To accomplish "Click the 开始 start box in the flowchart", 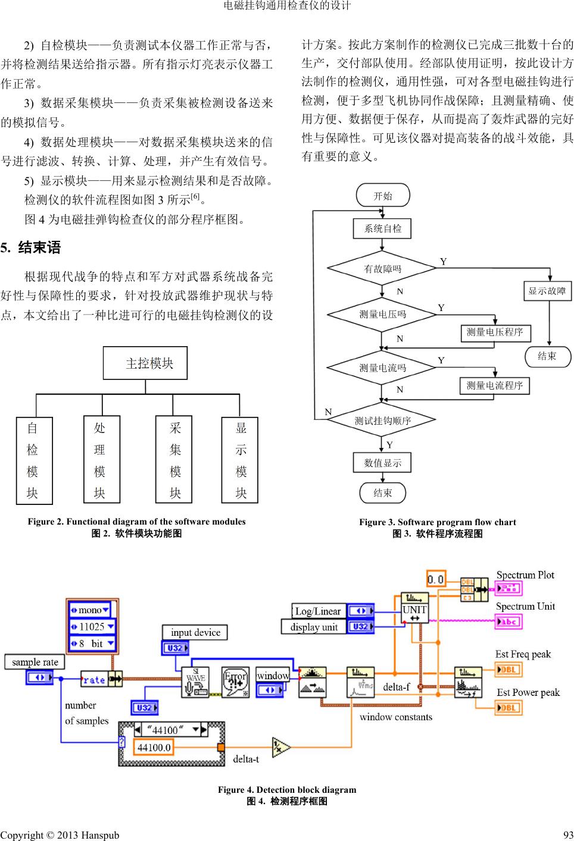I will coord(383,196).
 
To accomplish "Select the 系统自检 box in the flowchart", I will coord(383,228).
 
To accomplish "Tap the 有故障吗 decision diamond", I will coord(382,269).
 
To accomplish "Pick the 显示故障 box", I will coord(547,291).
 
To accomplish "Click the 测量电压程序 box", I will coord(495,332).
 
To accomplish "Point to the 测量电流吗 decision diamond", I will coord(382,368).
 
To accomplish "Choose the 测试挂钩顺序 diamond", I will coord(382,421).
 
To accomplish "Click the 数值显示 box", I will coord(383,463).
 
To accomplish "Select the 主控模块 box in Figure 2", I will coord(145,363).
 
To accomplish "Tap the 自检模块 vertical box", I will coord(32,460).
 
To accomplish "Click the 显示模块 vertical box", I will coord(241,460).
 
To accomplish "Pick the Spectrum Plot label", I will coord(525,575).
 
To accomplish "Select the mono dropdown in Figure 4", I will coord(91,610).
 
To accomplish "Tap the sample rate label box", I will coord(35,662).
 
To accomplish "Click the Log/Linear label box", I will coord(318,611).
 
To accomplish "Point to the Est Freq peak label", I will coord(523,654).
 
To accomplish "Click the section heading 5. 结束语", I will coord(31,247).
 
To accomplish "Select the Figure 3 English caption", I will coord(437,522).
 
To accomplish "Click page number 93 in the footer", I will coord(567,835).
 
